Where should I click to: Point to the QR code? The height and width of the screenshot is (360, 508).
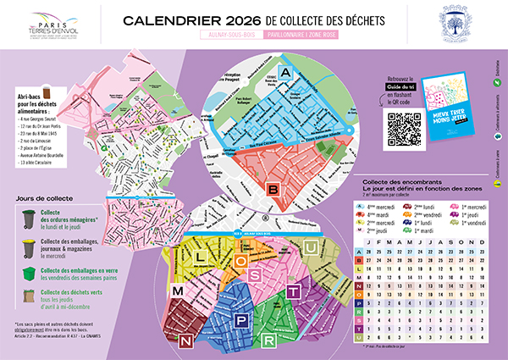[403, 128]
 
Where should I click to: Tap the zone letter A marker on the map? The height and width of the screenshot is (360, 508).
[285, 74]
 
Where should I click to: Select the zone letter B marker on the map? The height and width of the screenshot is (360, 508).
[273, 189]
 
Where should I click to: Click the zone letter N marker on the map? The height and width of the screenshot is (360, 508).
[184, 341]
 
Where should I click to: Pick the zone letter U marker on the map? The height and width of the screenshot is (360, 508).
[310, 246]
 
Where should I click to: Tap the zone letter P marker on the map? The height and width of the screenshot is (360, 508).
[242, 320]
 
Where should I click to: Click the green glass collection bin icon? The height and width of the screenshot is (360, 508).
[29, 275]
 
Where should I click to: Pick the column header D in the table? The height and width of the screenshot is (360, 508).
[489, 241]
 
